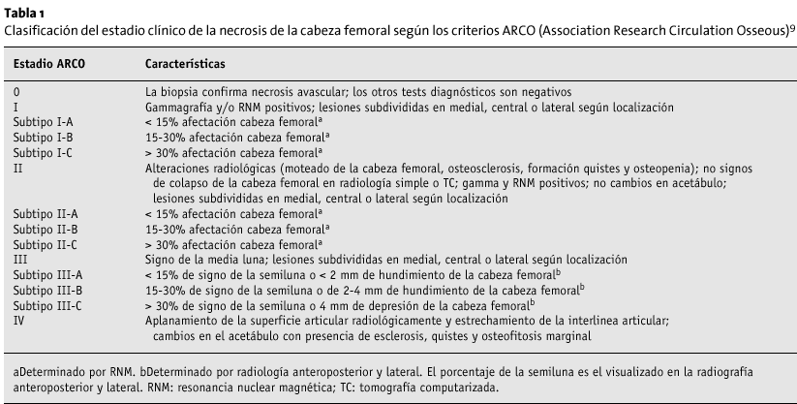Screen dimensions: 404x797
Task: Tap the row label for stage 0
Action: tap(16, 90)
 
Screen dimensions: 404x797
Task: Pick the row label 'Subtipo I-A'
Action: tap(44, 120)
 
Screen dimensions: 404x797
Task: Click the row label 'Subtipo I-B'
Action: tap(44, 137)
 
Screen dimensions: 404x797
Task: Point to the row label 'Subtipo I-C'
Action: tap(44, 152)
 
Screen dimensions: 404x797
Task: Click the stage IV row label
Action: tap(19, 321)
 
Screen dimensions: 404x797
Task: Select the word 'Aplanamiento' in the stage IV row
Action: tap(183, 321)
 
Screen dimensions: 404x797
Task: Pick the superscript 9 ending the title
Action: tap(792, 26)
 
